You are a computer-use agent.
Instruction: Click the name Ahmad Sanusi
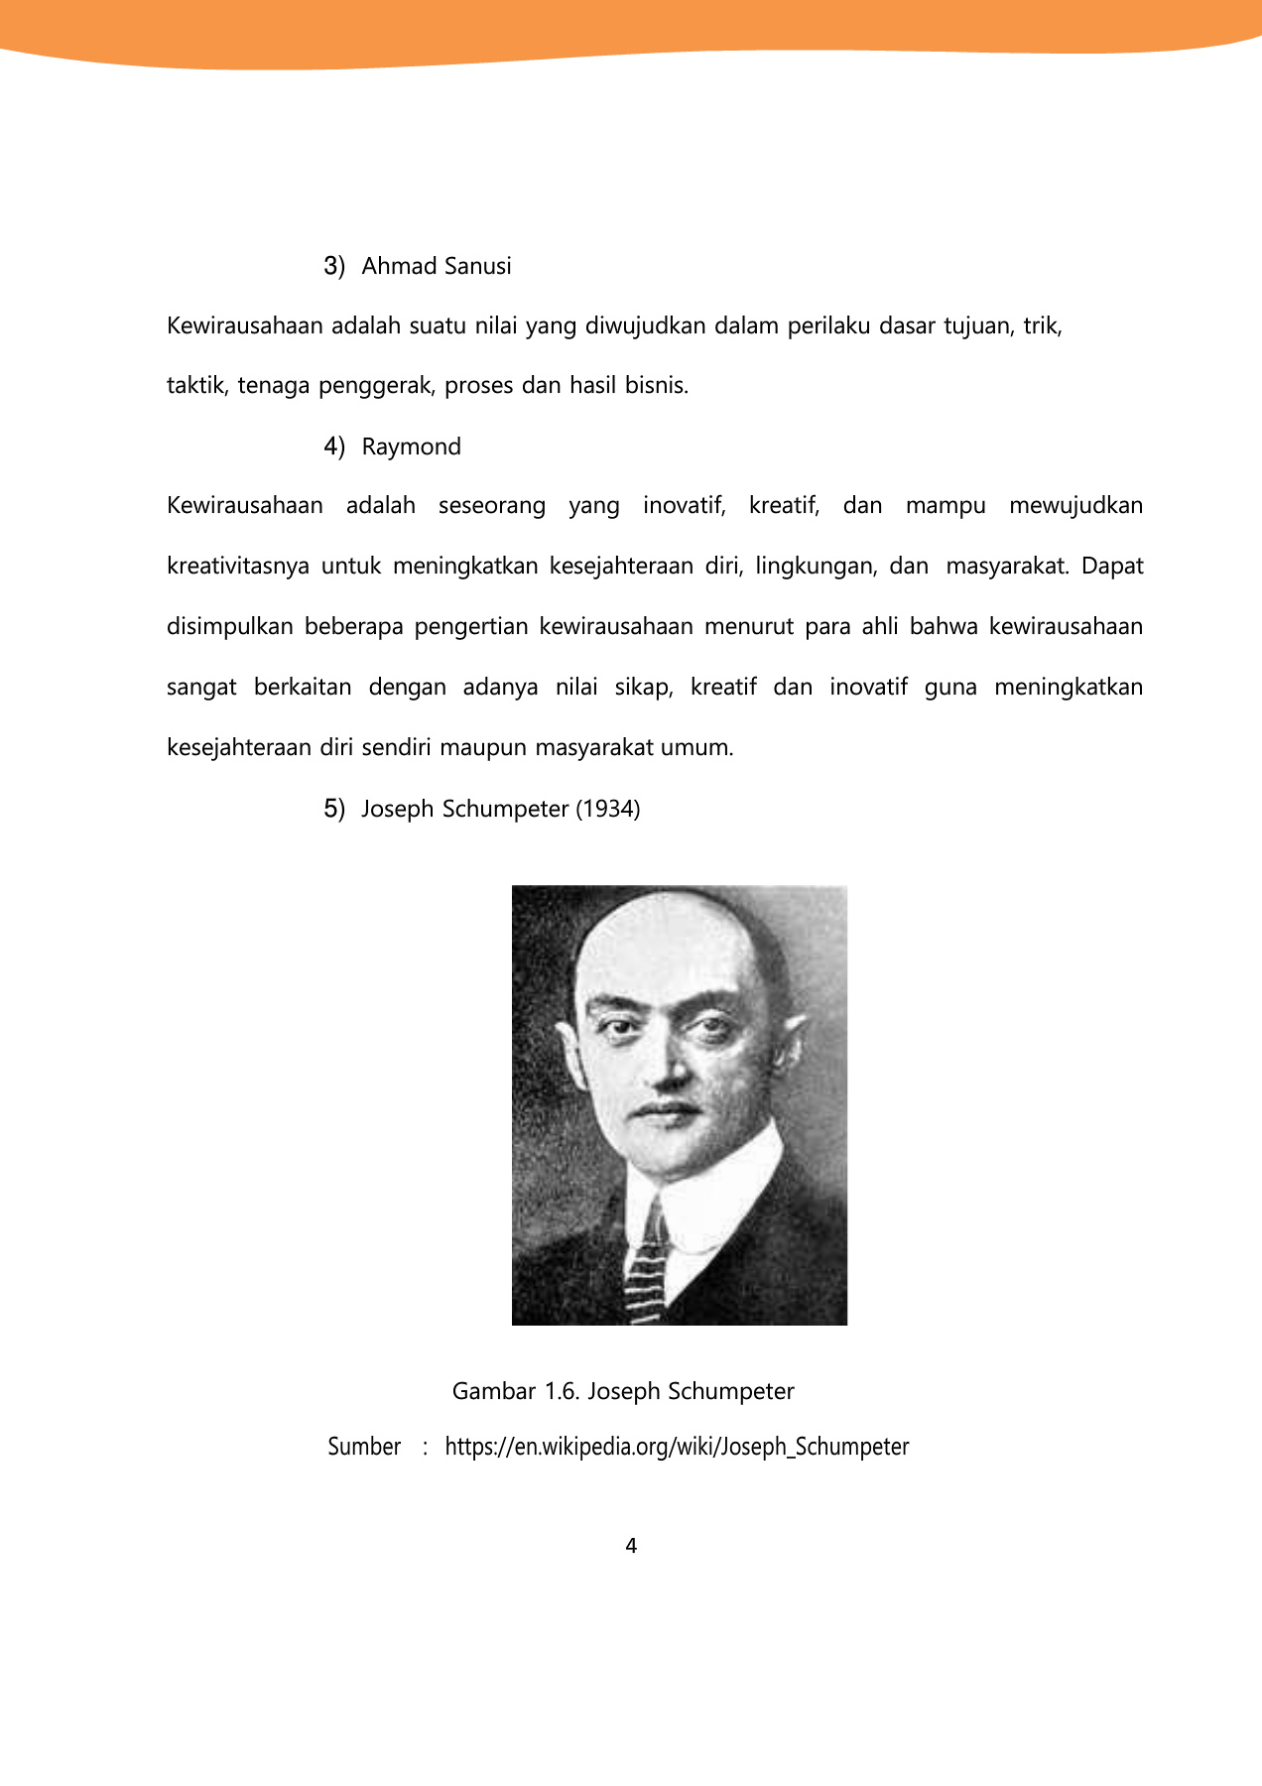pyautogui.click(x=437, y=266)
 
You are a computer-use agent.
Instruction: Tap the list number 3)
pyautogui.click(x=334, y=266)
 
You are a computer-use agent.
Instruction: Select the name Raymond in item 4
pyautogui.click(x=411, y=446)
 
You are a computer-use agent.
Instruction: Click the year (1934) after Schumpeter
pyautogui.click(x=608, y=809)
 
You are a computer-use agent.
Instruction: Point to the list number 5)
pyautogui.click(x=334, y=809)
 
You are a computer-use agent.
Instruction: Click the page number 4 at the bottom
pyautogui.click(x=631, y=1546)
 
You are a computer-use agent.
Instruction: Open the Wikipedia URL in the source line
pyautogui.click(x=677, y=1447)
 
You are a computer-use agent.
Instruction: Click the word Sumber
pyautogui.click(x=364, y=1447)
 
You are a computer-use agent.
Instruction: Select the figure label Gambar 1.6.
pyautogui.click(x=515, y=1391)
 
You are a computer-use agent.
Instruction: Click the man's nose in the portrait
pyautogui.click(x=669, y=1067)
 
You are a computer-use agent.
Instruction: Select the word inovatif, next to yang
pyautogui.click(x=684, y=506)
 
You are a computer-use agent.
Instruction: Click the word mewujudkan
pyautogui.click(x=1075, y=506)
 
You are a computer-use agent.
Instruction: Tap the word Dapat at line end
pyautogui.click(x=1112, y=567)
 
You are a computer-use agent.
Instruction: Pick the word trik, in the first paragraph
pyautogui.click(x=1043, y=326)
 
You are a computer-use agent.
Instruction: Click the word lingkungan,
pyautogui.click(x=814, y=567)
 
